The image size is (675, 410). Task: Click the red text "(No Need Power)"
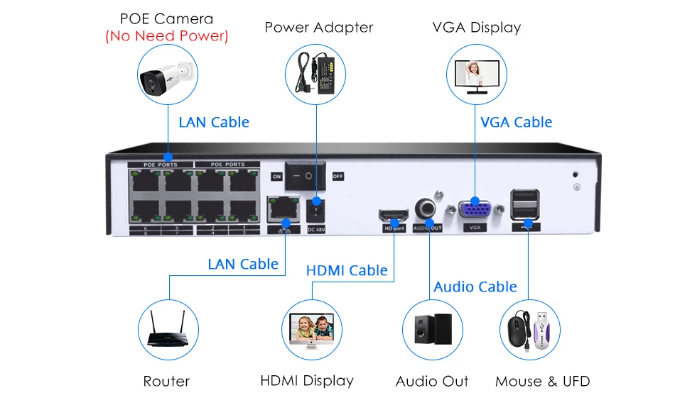tap(166, 36)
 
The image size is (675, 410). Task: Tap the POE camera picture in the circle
tap(167, 76)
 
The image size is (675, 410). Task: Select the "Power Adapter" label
tap(318, 28)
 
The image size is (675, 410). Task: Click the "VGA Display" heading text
tap(476, 28)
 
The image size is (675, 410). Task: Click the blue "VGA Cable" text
tap(516, 122)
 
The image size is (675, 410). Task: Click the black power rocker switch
tap(308, 175)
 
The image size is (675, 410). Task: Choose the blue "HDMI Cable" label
tap(347, 270)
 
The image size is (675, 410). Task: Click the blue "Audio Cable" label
tap(475, 287)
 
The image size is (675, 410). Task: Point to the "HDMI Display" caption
tap(307, 381)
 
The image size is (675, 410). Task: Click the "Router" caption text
tap(166, 382)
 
